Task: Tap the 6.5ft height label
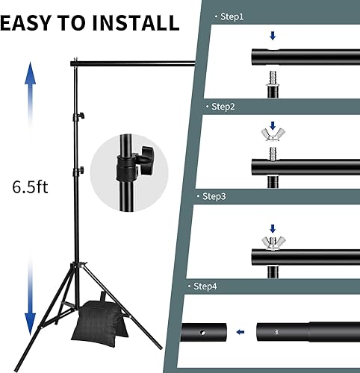(24, 186)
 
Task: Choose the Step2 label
(223, 107)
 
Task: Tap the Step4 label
(204, 286)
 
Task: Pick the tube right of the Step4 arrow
(302, 331)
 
